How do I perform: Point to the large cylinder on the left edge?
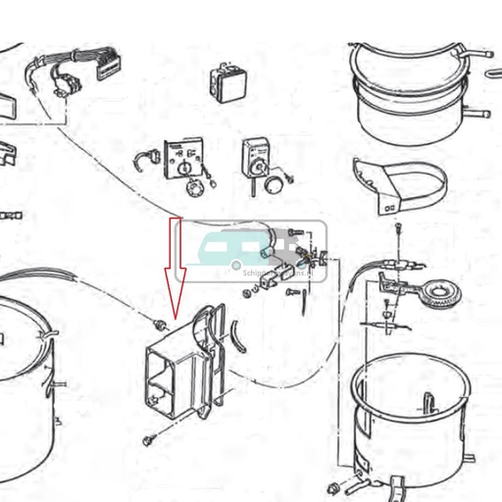click(25, 382)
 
